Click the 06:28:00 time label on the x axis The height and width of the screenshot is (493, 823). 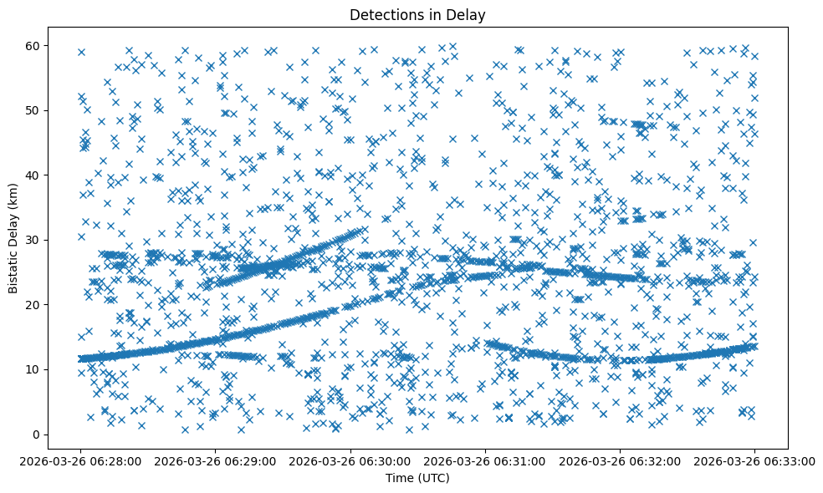(x=81, y=460)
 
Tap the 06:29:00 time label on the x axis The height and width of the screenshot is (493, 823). (x=216, y=460)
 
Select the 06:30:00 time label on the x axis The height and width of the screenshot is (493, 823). (x=350, y=460)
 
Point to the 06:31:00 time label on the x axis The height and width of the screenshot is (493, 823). (x=485, y=460)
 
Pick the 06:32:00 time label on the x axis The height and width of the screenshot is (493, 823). (x=620, y=460)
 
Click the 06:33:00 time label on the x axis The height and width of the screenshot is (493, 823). (x=754, y=460)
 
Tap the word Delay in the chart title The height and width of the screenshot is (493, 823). (x=468, y=14)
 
